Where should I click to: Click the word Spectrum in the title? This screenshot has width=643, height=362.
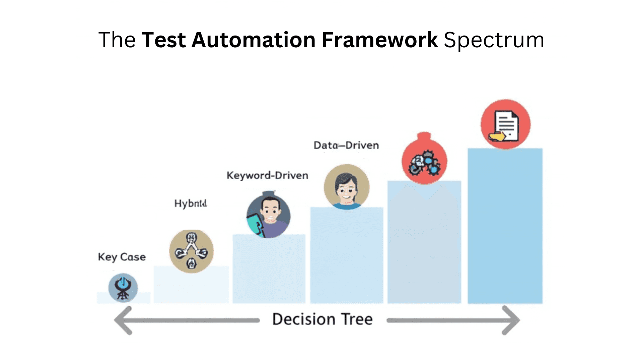tap(494, 40)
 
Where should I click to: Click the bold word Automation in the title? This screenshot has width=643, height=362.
tap(253, 40)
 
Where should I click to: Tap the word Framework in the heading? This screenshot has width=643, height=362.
tap(379, 40)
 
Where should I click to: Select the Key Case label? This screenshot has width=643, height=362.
tap(122, 257)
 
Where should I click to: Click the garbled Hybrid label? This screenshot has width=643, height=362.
tap(191, 203)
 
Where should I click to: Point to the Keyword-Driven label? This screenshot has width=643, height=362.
tap(267, 176)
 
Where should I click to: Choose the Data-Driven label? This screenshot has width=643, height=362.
tap(346, 145)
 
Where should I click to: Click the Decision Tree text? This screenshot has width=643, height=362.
tap(322, 319)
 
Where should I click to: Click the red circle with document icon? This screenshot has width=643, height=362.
tap(505, 124)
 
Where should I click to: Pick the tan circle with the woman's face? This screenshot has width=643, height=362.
tap(347, 187)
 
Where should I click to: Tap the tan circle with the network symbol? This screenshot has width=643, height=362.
tap(191, 251)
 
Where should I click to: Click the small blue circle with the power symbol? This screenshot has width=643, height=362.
tap(123, 288)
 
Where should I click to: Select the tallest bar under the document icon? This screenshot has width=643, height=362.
tap(505, 228)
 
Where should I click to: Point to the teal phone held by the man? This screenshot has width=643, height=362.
tap(254, 224)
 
